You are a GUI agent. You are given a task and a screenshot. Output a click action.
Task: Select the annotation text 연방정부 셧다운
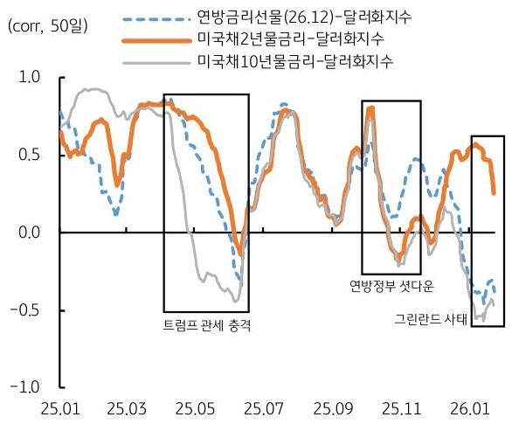tap(391, 286)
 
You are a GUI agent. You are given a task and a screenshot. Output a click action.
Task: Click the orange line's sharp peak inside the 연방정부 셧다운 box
tap(371, 108)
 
